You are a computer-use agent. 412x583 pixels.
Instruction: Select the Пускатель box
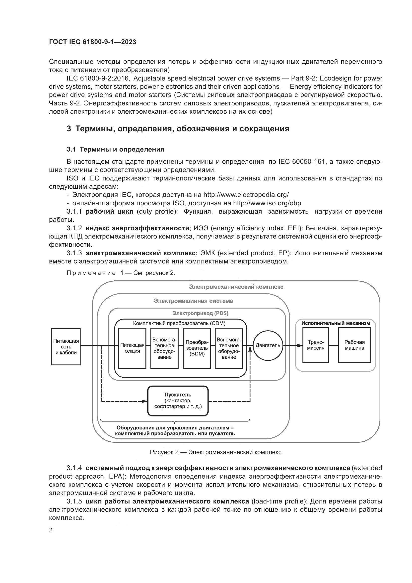tap(178, 401)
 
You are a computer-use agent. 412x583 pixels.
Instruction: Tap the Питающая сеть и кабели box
tap(66, 347)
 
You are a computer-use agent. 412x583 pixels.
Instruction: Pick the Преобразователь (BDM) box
tap(197, 348)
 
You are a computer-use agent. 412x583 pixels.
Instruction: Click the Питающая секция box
tap(132, 348)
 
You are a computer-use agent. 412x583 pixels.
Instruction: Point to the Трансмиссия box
tap(316, 345)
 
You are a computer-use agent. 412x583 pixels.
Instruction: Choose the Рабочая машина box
tap(354, 345)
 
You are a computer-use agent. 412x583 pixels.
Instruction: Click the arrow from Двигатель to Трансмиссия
tap(293, 345)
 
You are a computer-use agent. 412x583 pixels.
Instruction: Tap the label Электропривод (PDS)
tap(201, 313)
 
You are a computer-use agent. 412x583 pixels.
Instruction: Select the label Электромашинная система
tap(193, 301)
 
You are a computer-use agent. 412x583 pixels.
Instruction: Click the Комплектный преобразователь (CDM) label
tap(179, 324)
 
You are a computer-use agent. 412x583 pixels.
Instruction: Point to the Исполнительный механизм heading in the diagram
tap(335, 323)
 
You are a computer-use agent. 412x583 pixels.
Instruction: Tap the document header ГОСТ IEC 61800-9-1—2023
tap(93, 42)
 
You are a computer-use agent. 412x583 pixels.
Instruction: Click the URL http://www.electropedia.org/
tap(246, 195)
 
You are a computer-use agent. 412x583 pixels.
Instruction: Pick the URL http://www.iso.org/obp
tap(267, 203)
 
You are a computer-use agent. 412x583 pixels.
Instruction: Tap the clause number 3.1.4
tap(74, 468)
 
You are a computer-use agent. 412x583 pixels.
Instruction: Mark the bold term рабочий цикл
tap(110, 212)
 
